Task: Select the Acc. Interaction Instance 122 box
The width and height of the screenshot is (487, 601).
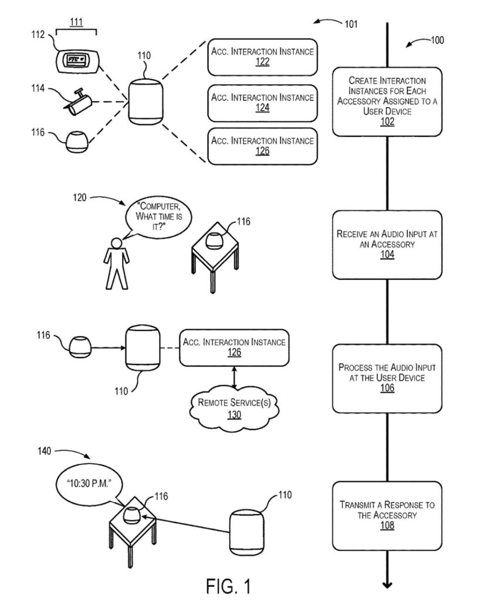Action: click(262, 56)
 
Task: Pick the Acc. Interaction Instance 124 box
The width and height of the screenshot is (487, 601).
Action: click(262, 102)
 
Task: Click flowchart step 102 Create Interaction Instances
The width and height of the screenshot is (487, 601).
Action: click(387, 101)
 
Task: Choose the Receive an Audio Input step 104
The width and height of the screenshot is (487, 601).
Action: click(387, 244)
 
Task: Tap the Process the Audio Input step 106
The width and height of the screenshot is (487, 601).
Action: click(387, 377)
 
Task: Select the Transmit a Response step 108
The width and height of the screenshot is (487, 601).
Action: click(387, 515)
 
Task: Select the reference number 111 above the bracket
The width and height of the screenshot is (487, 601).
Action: click(76, 22)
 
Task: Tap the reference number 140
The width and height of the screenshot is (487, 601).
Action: click(44, 451)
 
